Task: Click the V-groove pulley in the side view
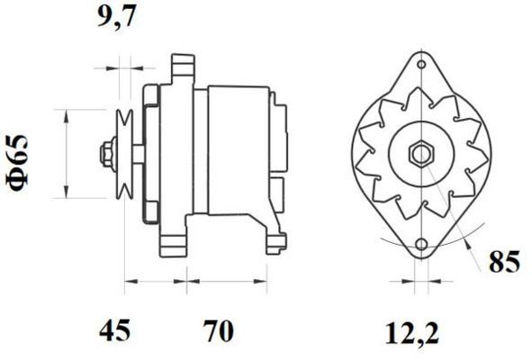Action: [x=125, y=153]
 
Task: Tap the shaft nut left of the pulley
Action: [x=107, y=153]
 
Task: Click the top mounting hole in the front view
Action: [x=420, y=67]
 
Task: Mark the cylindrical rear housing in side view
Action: [x=237, y=153]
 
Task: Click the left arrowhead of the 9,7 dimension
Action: [x=115, y=66]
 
